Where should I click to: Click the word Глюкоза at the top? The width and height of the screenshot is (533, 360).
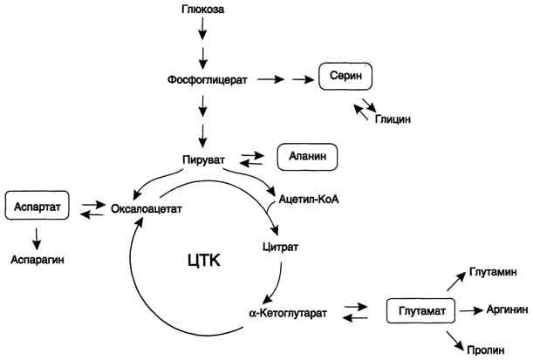tap(203, 9)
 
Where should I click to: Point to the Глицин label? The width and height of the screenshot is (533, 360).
tap(393, 118)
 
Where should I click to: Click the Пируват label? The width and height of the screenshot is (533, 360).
tap(205, 158)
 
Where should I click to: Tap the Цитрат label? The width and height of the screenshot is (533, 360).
tap(279, 248)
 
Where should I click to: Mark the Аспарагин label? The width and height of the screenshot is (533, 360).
tap(38, 259)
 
